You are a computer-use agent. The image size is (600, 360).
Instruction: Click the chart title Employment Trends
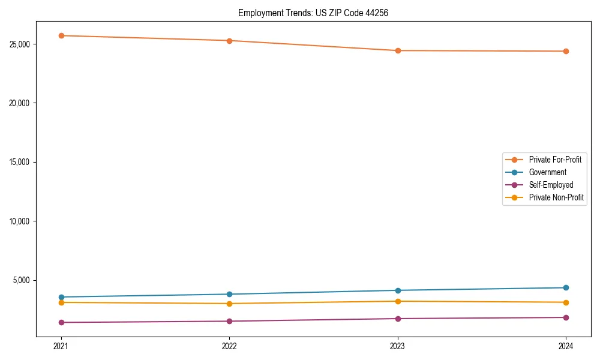click(x=313, y=13)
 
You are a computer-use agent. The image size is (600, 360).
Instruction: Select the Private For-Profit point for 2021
click(x=61, y=35)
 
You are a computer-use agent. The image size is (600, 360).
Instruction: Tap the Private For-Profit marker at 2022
click(x=229, y=41)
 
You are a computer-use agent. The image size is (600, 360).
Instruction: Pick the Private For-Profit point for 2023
click(x=398, y=50)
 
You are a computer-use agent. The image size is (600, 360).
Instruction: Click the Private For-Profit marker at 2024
click(x=566, y=51)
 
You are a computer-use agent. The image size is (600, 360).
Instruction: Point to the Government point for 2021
click(x=61, y=297)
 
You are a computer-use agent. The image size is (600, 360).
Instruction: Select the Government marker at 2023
click(x=398, y=290)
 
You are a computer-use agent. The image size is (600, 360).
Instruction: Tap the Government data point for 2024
click(x=566, y=287)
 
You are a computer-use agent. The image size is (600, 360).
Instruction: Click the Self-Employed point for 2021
click(x=61, y=322)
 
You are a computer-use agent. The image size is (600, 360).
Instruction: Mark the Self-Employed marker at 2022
click(x=229, y=321)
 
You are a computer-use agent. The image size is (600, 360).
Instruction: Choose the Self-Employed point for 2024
click(x=566, y=317)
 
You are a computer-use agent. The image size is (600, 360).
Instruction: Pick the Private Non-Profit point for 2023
click(x=398, y=301)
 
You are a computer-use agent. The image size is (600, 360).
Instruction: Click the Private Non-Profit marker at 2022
click(x=229, y=304)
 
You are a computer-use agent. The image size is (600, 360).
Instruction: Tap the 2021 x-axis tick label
click(x=61, y=346)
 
